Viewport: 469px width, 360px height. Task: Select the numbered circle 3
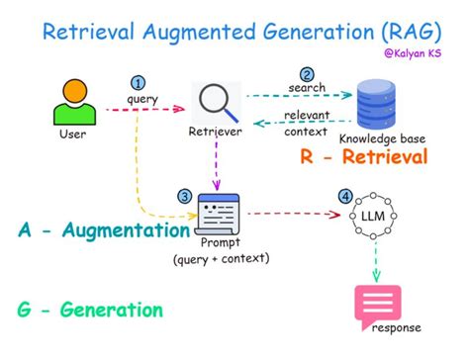[185, 196]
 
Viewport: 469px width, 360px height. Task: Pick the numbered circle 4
[344, 196]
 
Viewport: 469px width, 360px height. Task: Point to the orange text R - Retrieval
[363, 158]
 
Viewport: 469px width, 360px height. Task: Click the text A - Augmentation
[104, 230]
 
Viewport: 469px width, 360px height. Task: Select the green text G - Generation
[90, 311]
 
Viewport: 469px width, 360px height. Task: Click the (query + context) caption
[221, 259]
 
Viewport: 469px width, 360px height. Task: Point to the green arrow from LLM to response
[377, 265]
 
